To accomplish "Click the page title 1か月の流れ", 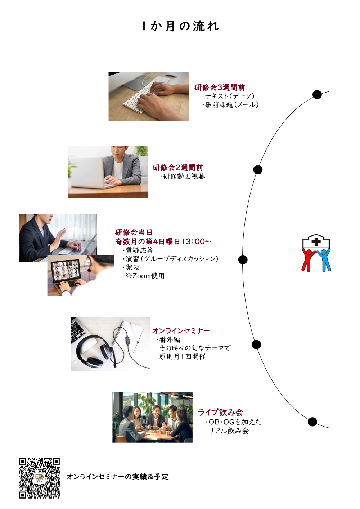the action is [181, 26].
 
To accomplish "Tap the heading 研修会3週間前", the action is [220, 87].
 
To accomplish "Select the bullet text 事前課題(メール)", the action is [232, 104].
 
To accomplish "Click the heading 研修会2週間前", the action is [178, 167].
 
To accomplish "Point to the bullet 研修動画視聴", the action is [184, 176].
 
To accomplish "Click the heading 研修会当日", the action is [134, 233].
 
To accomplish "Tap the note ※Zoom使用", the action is [145, 276].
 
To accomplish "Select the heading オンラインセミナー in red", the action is [181, 330].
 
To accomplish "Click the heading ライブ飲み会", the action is [220, 412].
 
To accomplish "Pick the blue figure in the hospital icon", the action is [324, 260].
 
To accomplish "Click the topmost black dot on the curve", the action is [317, 95].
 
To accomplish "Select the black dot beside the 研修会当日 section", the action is [243, 260].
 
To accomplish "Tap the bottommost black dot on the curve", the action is [312, 422].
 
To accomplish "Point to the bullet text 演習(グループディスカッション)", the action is [172, 258].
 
